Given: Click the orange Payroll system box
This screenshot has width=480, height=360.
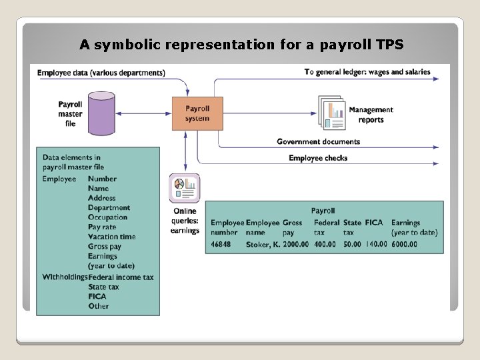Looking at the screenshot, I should (197, 113).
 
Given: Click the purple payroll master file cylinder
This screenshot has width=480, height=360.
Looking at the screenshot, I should (102, 114).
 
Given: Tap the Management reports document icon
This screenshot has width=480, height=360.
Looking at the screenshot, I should (332, 113).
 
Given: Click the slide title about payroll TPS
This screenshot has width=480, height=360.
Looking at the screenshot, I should (241, 45).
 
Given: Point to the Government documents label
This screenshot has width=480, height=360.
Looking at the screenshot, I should (318, 141).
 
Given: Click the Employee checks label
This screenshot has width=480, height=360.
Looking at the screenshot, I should (318, 158).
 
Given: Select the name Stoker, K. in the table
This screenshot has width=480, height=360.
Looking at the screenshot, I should (263, 244).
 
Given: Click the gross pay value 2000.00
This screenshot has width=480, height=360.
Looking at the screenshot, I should (296, 244).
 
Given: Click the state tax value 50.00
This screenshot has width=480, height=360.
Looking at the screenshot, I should (352, 244).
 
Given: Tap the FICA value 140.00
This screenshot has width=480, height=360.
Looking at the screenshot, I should (376, 244).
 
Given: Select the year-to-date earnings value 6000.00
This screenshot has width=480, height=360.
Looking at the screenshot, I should (404, 244).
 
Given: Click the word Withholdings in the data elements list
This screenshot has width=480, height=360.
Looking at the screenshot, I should (65, 277).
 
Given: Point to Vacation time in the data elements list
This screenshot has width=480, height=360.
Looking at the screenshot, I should (111, 237).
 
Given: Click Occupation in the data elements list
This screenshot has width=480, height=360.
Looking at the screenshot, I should (107, 217).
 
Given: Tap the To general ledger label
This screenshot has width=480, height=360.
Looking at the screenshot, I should (367, 72).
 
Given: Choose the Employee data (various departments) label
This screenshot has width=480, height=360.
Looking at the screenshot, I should (101, 72).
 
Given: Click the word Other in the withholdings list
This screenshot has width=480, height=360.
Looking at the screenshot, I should (98, 306).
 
